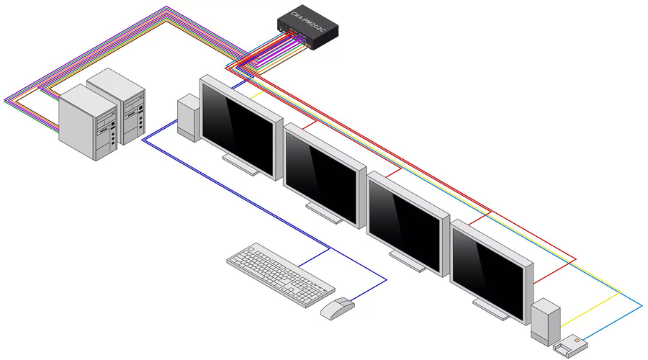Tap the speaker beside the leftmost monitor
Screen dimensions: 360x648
point(188,118)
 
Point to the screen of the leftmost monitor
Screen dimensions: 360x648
point(238,127)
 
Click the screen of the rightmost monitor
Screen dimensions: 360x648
point(487,267)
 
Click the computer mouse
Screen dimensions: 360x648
point(337,307)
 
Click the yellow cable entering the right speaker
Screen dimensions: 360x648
point(569,322)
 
